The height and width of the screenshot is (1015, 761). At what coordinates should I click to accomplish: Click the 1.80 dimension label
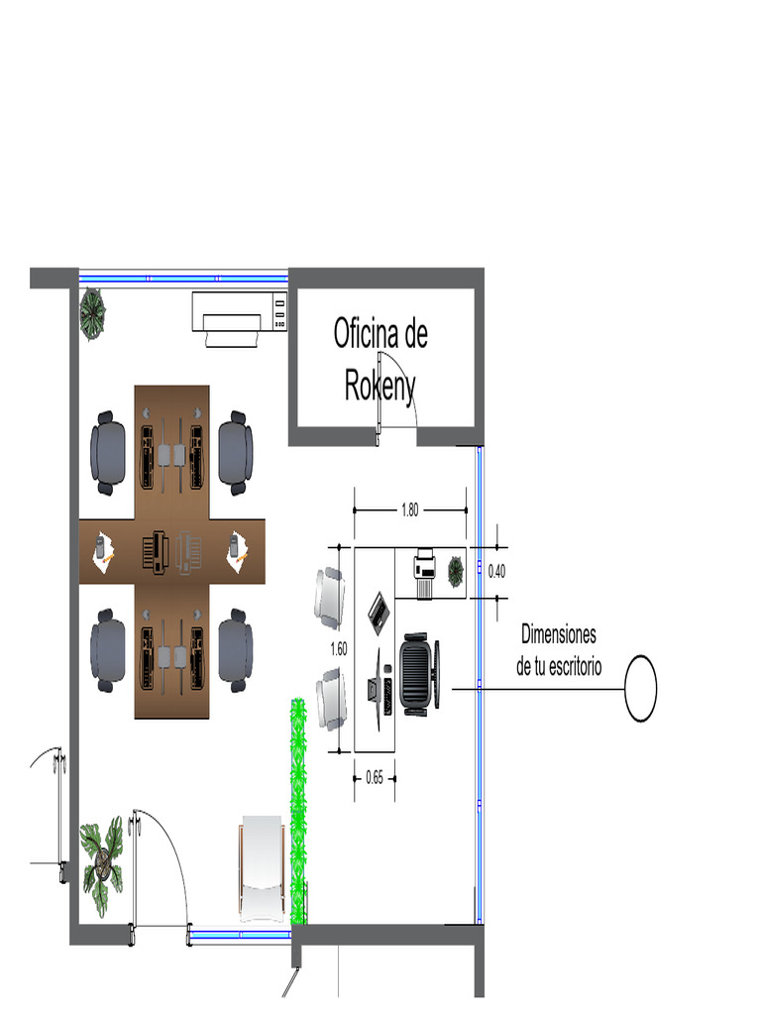click(409, 510)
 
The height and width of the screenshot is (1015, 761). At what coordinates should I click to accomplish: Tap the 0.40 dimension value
click(496, 571)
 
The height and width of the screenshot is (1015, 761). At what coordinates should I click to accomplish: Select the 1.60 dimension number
click(339, 648)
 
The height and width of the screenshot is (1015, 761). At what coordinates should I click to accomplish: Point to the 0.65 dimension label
click(374, 777)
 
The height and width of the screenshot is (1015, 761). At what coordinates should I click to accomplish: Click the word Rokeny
click(380, 387)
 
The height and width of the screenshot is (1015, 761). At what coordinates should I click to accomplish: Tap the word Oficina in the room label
click(365, 333)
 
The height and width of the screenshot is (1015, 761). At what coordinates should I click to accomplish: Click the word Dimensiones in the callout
click(559, 634)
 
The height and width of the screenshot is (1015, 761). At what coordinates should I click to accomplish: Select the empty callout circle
click(641, 688)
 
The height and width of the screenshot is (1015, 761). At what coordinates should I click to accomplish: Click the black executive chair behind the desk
click(419, 673)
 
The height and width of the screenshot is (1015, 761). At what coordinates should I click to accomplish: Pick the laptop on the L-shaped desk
click(380, 612)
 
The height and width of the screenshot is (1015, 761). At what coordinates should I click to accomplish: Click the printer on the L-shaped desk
click(424, 572)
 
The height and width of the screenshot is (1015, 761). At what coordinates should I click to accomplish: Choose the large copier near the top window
click(240, 318)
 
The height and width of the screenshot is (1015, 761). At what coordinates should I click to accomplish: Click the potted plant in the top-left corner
click(92, 313)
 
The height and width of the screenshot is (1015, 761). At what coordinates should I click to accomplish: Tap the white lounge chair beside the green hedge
click(262, 868)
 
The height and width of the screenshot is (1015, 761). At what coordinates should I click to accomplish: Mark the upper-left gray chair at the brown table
click(107, 452)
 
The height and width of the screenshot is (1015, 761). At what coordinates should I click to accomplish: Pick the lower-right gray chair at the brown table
click(235, 650)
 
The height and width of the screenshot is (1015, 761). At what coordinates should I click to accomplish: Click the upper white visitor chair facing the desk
click(330, 596)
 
